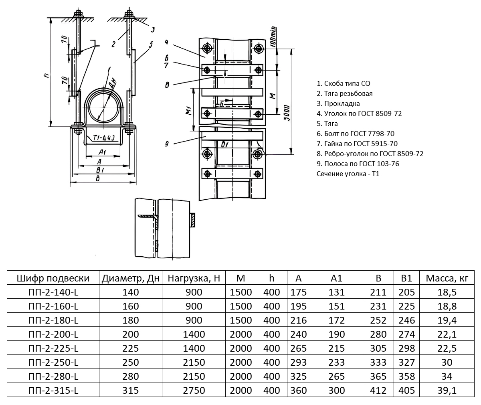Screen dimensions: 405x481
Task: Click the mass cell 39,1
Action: pos(447,391)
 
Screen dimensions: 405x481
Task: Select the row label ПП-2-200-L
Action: pos(53,334)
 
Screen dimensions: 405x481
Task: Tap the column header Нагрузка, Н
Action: pos(194,278)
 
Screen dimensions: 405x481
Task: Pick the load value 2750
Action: pos(194,391)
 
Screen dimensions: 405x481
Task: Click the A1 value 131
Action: pos(336,292)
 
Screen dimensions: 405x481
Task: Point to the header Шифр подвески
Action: pos(53,278)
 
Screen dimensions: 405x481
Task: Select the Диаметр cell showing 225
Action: pos(131,348)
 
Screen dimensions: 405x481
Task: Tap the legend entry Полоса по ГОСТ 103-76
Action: pos(358,164)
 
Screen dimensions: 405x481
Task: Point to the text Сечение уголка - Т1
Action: pos(348,174)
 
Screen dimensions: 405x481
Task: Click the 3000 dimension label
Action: pos(285,116)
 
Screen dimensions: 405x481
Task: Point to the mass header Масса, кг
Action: pos(447,278)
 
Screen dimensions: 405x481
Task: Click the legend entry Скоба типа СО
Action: pos(343,83)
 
